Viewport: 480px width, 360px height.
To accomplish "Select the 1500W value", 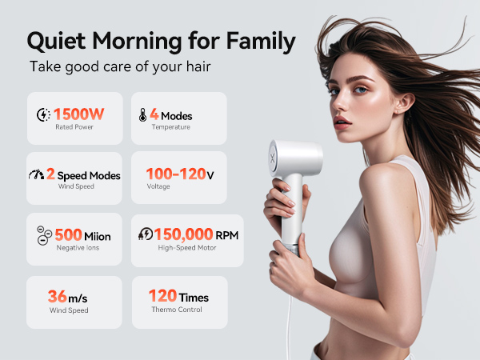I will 79,114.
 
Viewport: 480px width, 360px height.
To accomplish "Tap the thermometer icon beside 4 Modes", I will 141,115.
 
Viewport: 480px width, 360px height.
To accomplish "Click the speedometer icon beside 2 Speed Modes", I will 36,175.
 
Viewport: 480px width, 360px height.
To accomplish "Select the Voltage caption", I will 158,186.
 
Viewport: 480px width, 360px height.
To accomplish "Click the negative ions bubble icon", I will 43,235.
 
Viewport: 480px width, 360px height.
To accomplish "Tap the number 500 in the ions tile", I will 68,235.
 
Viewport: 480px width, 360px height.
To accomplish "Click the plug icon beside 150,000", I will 146,234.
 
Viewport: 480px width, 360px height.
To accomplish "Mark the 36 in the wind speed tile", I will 57,296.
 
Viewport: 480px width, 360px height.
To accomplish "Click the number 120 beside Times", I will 162,296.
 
